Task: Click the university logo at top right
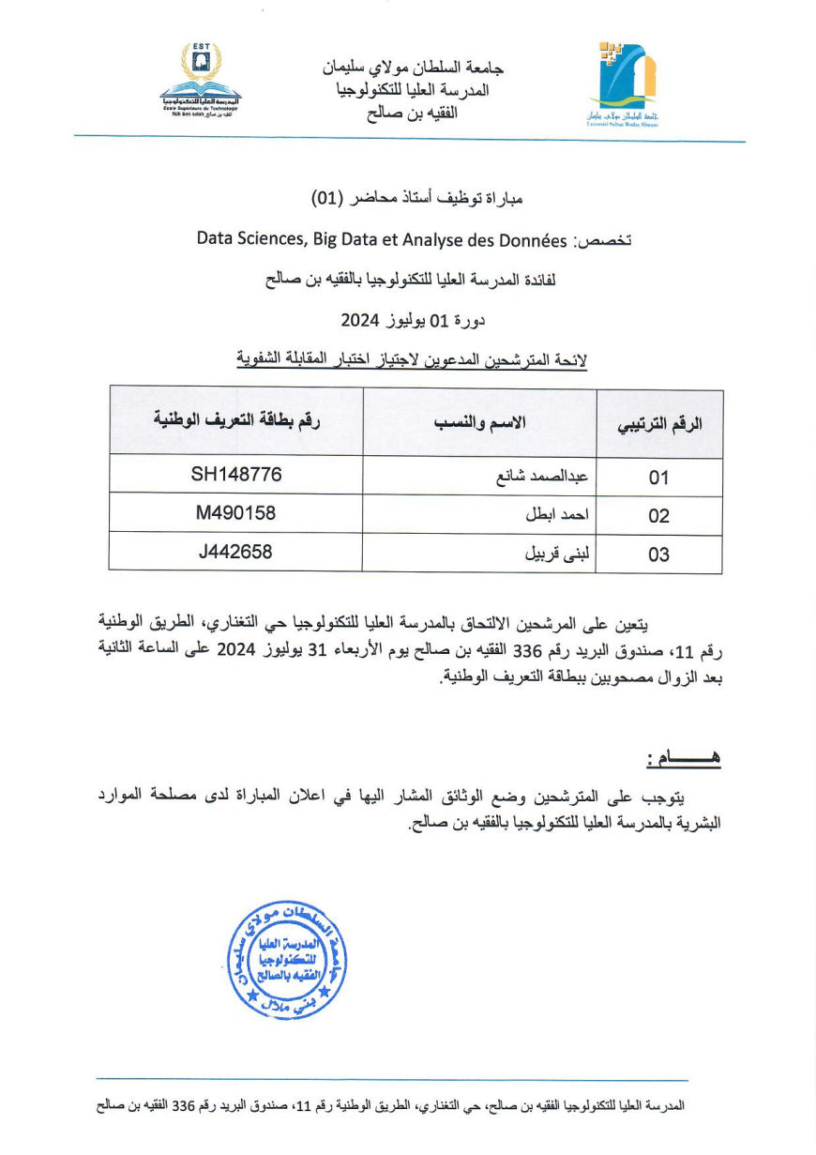pyautogui.click(x=623, y=84)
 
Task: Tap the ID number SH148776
pyautogui.click(x=236, y=475)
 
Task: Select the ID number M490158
pyautogui.click(x=236, y=513)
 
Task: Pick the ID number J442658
pyautogui.click(x=236, y=552)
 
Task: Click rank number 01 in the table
pyautogui.click(x=658, y=478)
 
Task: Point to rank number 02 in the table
pyautogui.click(x=658, y=516)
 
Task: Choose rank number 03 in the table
pyautogui.click(x=658, y=555)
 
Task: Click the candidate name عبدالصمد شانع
pyautogui.click(x=542, y=476)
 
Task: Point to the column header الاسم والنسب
pyautogui.click(x=479, y=422)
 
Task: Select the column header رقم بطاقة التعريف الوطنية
pyautogui.click(x=236, y=420)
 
